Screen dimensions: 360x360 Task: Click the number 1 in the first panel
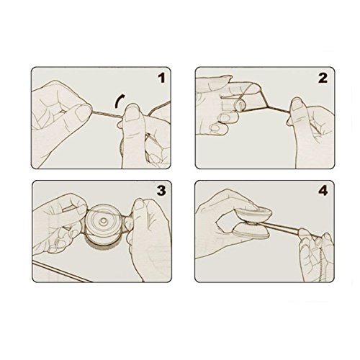[x=162, y=78]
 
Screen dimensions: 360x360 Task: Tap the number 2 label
[x=323, y=78]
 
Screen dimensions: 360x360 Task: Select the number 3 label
[x=161, y=191]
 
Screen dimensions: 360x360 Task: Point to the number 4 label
[x=323, y=191]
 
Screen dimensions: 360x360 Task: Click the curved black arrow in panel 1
[x=117, y=100]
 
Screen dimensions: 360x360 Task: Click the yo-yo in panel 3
[x=103, y=225]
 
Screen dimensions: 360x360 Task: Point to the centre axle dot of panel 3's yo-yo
[x=104, y=220]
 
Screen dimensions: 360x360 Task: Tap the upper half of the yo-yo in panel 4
[x=254, y=215]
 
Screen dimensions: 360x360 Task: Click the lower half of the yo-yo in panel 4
[x=251, y=233]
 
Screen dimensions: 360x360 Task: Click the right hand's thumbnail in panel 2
[x=297, y=104]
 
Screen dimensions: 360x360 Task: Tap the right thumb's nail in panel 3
[x=138, y=204]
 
